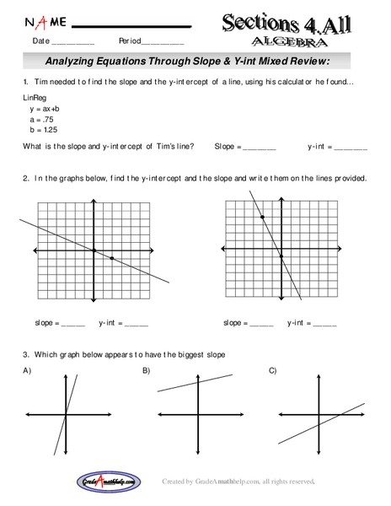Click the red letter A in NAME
[29, 20]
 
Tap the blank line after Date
[73, 41]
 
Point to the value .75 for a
[50, 121]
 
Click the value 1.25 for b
[51, 132]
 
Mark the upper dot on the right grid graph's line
[262, 218]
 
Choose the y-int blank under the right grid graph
[324, 323]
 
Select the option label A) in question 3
[27, 371]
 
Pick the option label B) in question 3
[146, 371]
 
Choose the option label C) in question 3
[272, 371]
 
